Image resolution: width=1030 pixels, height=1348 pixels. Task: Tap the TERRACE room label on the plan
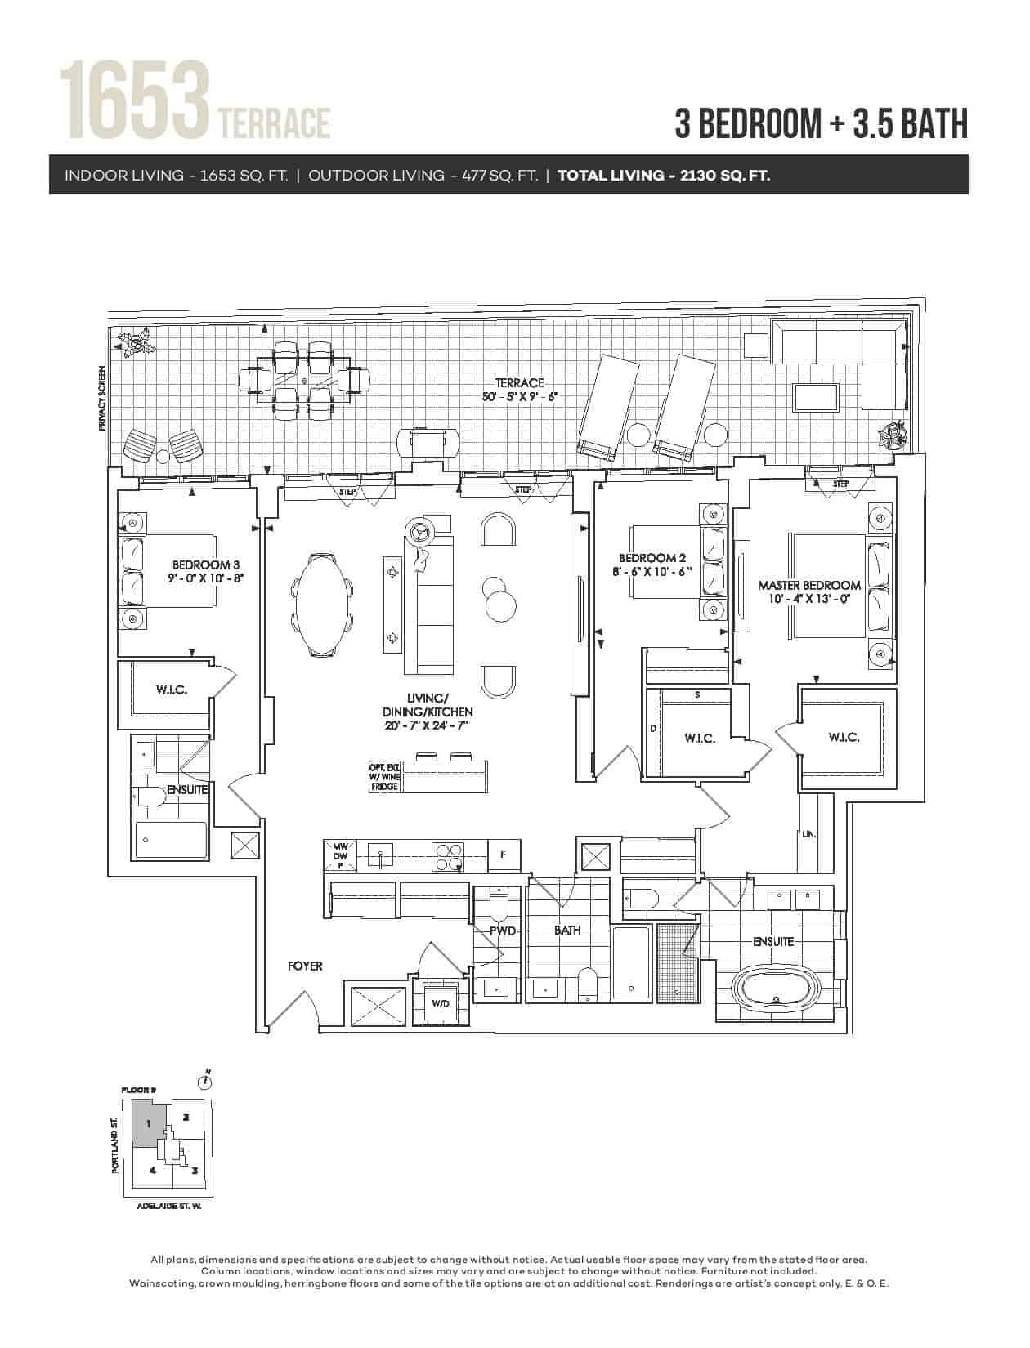tap(520, 383)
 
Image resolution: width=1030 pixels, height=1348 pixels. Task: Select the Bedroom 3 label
tap(206, 565)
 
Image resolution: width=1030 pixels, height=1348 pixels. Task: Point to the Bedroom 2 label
tap(652, 558)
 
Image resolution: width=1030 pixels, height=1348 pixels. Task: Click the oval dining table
tap(322, 604)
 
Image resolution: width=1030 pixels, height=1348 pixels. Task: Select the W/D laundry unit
tap(440, 1003)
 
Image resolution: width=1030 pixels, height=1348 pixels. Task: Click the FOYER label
tap(305, 966)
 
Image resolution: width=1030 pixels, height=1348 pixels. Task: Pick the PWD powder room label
tap(503, 931)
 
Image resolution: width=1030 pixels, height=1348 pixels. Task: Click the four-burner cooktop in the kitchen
tap(447, 857)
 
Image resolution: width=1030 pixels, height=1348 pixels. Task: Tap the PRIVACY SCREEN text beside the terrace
tap(102, 398)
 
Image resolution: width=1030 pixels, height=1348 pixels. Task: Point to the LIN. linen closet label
tap(809, 835)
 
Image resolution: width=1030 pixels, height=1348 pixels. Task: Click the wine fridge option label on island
tap(384, 777)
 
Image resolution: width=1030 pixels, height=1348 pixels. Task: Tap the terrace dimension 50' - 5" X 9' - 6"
tap(520, 397)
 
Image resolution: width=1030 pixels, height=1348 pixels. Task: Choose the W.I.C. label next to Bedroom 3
tap(172, 690)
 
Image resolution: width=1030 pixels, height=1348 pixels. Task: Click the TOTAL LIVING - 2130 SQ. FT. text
tap(664, 176)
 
